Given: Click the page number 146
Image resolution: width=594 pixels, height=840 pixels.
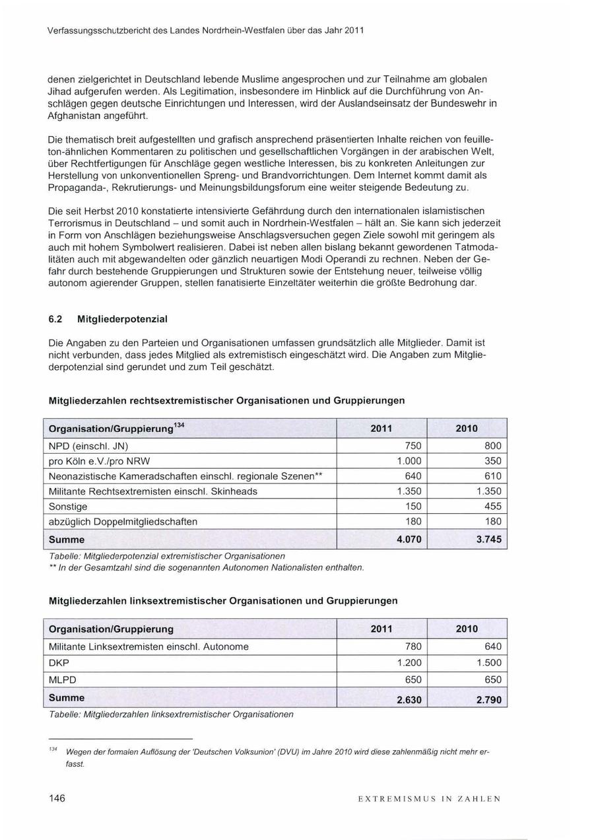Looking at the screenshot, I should click(x=57, y=798).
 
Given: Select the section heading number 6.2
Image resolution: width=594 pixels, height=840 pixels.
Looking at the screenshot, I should click(x=55, y=319).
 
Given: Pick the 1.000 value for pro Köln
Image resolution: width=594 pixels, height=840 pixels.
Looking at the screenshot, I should click(x=409, y=461).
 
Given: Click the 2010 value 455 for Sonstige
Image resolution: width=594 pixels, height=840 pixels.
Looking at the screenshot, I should click(x=492, y=507).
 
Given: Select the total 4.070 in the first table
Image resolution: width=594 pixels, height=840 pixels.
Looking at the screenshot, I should click(x=409, y=540).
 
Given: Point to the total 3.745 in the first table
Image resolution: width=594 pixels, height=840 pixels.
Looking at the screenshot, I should click(x=488, y=540).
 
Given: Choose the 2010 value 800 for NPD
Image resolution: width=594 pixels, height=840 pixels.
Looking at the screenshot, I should click(x=492, y=446).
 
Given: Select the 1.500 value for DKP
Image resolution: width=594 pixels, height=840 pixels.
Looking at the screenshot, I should click(x=488, y=663).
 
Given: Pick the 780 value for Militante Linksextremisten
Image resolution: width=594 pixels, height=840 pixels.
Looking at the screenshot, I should click(x=412, y=647).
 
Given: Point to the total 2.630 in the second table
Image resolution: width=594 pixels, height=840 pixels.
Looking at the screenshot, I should click(x=409, y=699).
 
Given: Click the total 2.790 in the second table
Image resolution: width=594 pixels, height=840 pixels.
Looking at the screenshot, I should click(x=488, y=699).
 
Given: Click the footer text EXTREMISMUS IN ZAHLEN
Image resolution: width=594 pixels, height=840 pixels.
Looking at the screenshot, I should click(x=429, y=799).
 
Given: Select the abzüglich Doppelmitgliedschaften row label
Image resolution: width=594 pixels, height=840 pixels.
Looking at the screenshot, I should click(x=123, y=522).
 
